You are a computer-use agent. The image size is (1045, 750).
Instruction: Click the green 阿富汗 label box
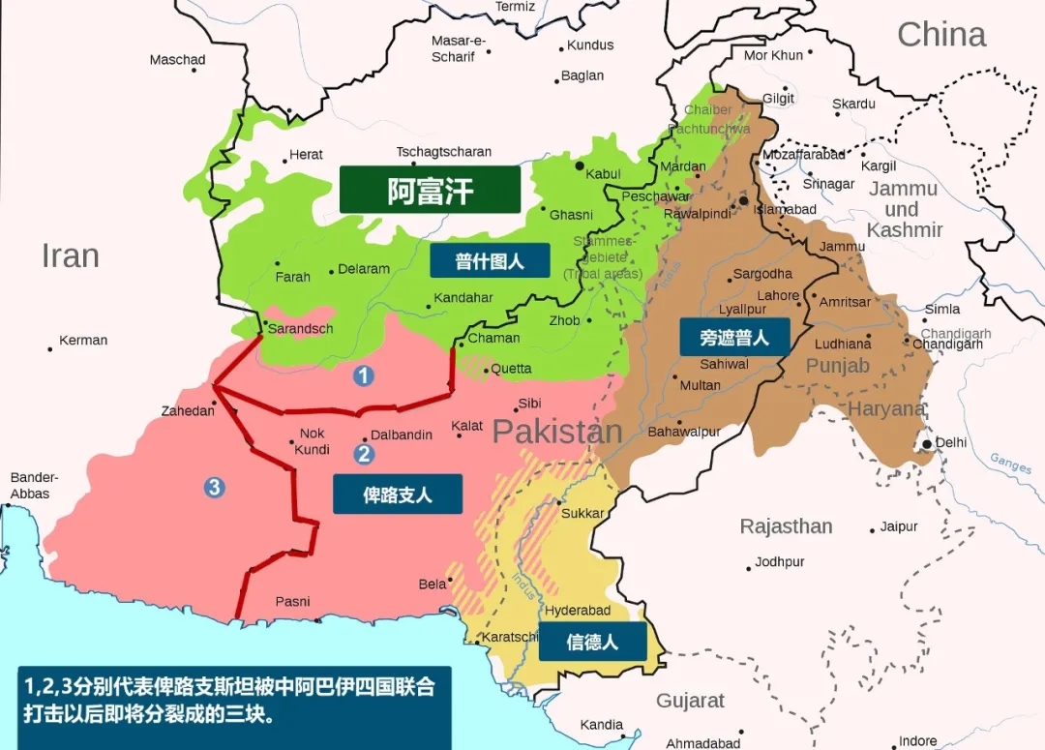tap(431, 191)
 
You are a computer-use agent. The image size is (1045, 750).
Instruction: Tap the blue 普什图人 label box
tap(490, 260)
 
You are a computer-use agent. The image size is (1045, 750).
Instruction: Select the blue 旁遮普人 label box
tap(734, 337)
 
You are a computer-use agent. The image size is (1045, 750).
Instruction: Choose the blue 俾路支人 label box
tap(398, 494)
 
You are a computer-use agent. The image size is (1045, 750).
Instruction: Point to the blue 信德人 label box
tap(592, 641)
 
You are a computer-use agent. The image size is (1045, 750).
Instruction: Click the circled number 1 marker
tap(363, 375)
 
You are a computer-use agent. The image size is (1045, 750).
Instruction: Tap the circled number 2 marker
tap(364, 453)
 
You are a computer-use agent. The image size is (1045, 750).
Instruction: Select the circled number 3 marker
tap(214, 487)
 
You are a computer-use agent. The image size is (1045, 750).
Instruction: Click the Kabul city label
tap(603, 174)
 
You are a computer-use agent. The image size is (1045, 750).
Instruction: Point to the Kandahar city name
tap(463, 298)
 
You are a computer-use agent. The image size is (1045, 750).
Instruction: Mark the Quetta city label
tap(511, 369)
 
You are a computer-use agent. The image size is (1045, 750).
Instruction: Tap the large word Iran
tap(70, 255)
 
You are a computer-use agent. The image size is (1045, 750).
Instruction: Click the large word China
tap(940, 35)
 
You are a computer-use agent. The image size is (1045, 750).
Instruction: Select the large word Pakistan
tap(556, 432)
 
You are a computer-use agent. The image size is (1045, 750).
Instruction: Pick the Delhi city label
tap(950, 442)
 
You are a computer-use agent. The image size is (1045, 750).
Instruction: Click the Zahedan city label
tap(188, 411)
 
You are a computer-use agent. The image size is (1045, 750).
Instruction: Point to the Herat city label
tap(306, 155)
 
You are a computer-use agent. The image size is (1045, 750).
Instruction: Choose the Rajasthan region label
tap(786, 526)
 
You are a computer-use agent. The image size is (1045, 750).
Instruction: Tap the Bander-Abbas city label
tap(34, 486)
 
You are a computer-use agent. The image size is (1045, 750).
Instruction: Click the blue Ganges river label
tap(1010, 464)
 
